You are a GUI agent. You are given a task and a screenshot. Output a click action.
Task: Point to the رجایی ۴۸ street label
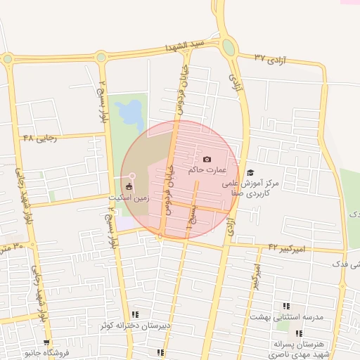[x=39, y=138]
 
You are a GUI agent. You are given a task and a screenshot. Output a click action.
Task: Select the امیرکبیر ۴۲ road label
[x=288, y=247]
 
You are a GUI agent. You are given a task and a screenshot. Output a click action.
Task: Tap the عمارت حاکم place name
[x=207, y=169]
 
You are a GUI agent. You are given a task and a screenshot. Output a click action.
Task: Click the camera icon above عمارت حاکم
[x=206, y=159]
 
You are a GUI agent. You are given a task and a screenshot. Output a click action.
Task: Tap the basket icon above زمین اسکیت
[x=128, y=187]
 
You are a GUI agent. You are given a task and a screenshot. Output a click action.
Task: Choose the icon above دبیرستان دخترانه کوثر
[x=135, y=314]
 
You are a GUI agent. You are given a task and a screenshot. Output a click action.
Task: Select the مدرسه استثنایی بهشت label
[x=286, y=318]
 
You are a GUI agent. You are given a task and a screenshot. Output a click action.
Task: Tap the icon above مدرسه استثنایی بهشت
[x=286, y=306]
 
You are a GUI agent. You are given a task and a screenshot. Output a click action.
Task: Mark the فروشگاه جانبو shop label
[x=46, y=352]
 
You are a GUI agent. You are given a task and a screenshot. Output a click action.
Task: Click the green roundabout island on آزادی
[x=229, y=48]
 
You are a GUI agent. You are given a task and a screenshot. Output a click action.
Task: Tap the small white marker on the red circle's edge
[x=131, y=175]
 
